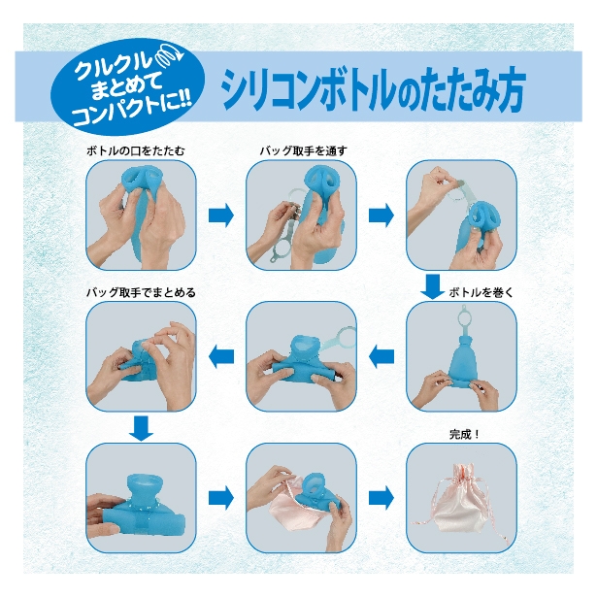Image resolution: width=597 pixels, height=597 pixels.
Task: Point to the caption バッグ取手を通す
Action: (303, 151)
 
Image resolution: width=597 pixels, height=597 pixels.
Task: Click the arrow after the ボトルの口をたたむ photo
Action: (222, 215)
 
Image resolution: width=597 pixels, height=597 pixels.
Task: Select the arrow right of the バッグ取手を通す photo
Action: (382, 215)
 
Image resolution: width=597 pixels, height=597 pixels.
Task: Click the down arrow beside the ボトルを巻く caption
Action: (433, 287)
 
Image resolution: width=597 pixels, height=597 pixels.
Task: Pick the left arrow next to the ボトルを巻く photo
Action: (382, 356)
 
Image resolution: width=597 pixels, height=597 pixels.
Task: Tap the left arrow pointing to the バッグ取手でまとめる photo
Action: (222, 356)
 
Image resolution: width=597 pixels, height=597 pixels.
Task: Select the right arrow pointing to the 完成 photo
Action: (382, 497)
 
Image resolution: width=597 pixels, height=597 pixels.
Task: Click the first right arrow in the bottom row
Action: (222, 497)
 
